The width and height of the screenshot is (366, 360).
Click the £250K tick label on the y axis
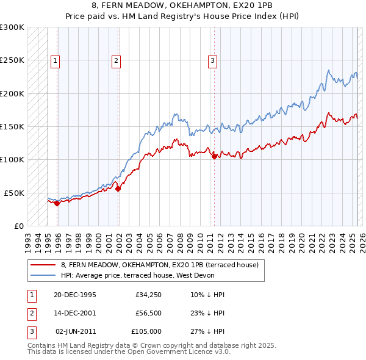pos(12,60)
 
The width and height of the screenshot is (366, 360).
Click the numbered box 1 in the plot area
pos(56,60)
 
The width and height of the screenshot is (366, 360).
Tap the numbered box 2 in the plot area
pos(116,60)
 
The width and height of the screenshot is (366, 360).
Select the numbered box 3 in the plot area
pos(212,60)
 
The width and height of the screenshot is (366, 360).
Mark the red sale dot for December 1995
pos(57,203)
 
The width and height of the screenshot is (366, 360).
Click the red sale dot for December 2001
pos(118,189)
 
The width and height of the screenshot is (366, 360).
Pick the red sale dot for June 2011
pos(214,156)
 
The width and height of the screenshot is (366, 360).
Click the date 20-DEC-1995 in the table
pos(75,295)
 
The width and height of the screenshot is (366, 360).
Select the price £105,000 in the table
pos(146,331)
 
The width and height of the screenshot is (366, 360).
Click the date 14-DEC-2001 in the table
pos(75,313)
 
